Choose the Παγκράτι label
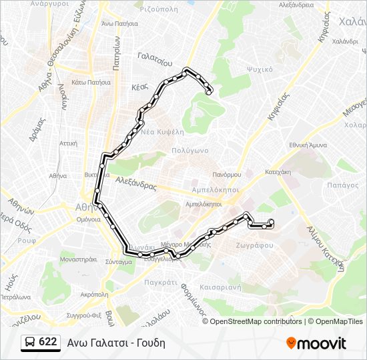coord(160,282)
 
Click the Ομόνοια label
coord(88,219)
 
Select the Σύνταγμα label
coord(118,262)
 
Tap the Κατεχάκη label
coord(277,171)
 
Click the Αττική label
coord(69,143)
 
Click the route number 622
coord(47,342)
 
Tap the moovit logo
coord(316,343)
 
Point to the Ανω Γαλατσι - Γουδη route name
coord(116,343)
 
